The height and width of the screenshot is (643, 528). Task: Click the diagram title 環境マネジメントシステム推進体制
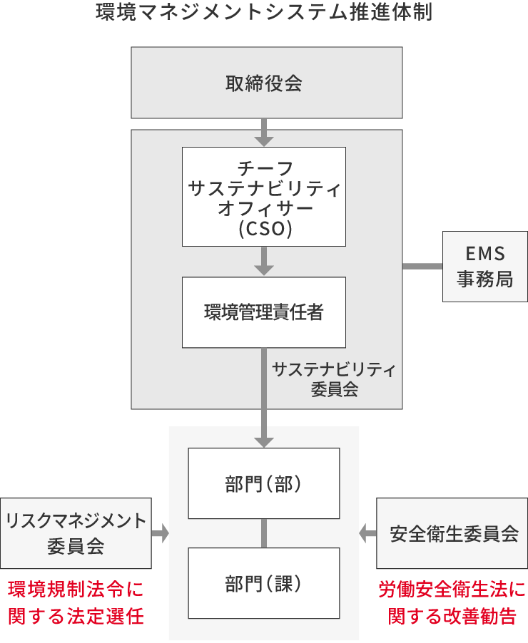[x=264, y=14]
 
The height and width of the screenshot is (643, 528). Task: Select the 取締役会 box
[x=264, y=83]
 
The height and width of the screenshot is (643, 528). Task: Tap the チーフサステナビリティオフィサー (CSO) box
[x=264, y=196]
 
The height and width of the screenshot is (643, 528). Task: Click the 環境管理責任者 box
[x=264, y=312]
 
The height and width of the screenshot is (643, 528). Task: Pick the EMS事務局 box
[x=485, y=266]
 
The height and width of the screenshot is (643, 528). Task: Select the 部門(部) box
[x=264, y=483]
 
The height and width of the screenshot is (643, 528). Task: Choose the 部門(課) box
[x=264, y=583]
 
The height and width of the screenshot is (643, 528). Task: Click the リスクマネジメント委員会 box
[x=76, y=533]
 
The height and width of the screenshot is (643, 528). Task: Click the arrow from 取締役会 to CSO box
[x=264, y=132]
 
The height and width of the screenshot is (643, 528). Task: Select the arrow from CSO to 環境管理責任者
[x=264, y=262]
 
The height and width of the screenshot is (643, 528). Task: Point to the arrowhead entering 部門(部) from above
[x=264, y=439]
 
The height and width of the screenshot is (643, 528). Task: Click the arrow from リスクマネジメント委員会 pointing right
[x=161, y=533]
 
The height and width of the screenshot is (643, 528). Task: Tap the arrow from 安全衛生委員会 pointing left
[x=367, y=533]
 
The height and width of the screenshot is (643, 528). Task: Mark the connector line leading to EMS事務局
[x=422, y=266]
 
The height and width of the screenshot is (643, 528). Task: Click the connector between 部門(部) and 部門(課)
[x=264, y=533]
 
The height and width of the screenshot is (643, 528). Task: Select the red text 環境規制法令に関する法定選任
[x=76, y=602]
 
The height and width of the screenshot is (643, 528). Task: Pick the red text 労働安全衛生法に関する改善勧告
[x=452, y=602]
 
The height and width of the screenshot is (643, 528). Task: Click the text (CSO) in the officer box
[x=264, y=230]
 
